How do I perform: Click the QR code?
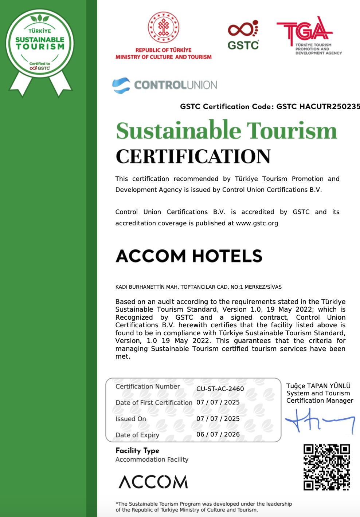tap(326, 467)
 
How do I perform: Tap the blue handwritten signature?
tap(319, 421)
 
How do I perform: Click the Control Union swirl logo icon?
tap(121, 86)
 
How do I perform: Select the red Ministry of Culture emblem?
tap(163, 27)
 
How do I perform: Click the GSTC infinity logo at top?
tap(243, 29)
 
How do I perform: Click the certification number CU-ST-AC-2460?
tap(220, 389)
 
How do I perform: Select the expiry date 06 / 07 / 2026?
tap(218, 434)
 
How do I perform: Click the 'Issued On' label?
tap(131, 419)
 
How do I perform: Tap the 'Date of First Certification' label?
tap(154, 403)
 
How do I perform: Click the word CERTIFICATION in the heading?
tap(193, 157)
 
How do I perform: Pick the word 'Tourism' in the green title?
tap(292, 131)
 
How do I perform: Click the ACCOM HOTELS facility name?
tap(189, 256)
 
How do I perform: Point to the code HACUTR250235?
tap(329, 107)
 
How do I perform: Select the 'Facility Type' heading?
tap(137, 451)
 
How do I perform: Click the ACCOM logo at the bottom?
tap(153, 482)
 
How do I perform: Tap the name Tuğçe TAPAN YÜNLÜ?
tap(318, 386)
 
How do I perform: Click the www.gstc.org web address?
tap(257, 223)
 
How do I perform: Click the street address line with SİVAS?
tap(198, 287)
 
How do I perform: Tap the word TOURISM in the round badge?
tap(40, 47)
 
